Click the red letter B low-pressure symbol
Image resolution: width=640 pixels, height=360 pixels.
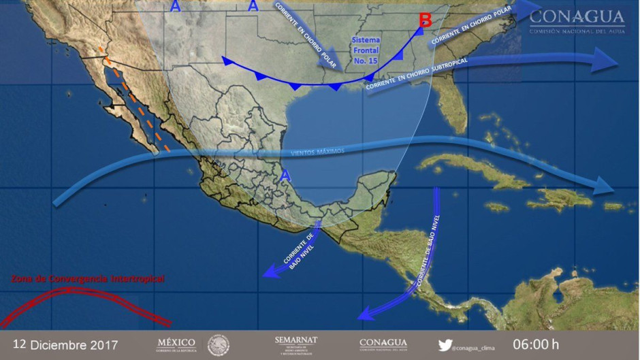426,20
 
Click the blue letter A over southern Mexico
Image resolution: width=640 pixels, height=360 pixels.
287,176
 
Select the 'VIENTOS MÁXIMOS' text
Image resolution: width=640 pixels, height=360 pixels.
317,152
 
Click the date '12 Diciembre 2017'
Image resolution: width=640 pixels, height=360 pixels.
65,344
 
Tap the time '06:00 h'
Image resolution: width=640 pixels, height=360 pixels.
535,344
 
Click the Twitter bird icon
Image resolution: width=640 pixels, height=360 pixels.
445,344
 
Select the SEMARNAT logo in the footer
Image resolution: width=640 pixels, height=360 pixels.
296,343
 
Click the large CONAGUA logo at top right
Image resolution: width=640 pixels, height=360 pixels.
576,20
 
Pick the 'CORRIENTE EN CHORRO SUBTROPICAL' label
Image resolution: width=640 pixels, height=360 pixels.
417,76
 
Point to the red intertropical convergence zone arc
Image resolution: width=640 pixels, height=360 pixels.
82,299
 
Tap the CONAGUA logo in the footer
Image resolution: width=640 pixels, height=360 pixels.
383,344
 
